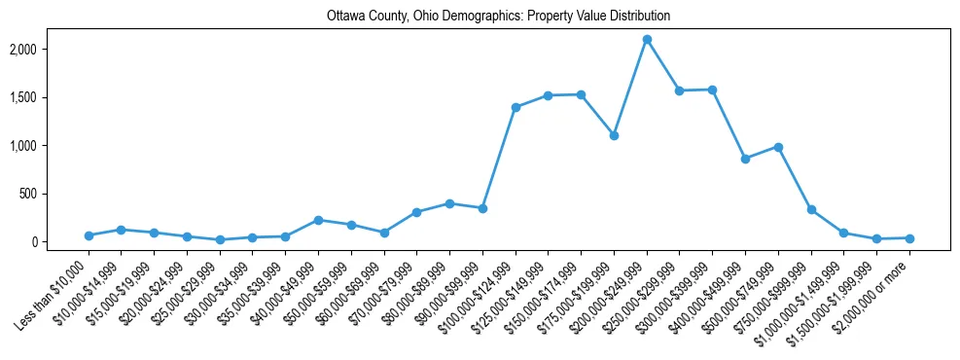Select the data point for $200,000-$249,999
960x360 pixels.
tap(647, 39)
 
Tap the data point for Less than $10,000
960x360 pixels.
tap(89, 235)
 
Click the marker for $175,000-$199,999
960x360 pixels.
tap(614, 135)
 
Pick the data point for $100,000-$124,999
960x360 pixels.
tap(516, 107)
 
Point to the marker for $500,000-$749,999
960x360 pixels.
tap(778, 147)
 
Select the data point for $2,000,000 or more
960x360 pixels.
tap(909, 238)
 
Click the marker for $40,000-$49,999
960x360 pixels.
tap(318, 220)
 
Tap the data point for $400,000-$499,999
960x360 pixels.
tap(745, 159)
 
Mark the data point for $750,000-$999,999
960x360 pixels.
tap(811, 209)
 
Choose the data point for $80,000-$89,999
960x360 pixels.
tap(449, 203)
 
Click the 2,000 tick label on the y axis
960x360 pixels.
tap(50, 50)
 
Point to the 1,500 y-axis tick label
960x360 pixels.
tap(50, 97)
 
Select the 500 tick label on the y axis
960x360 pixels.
tap(55, 194)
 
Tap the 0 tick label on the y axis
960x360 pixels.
tap(60, 242)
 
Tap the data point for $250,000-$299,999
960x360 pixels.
tap(680, 90)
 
